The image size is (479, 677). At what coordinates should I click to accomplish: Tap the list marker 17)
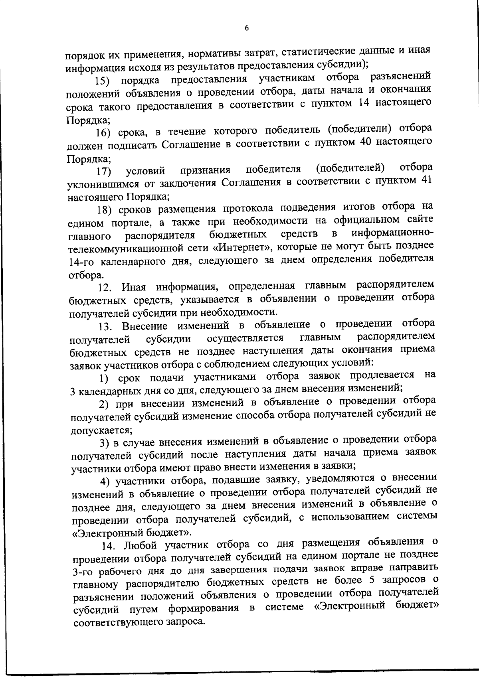click(103, 172)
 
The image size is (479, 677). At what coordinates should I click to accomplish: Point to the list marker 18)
click(105, 210)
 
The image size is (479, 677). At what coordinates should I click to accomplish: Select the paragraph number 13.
click(107, 327)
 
